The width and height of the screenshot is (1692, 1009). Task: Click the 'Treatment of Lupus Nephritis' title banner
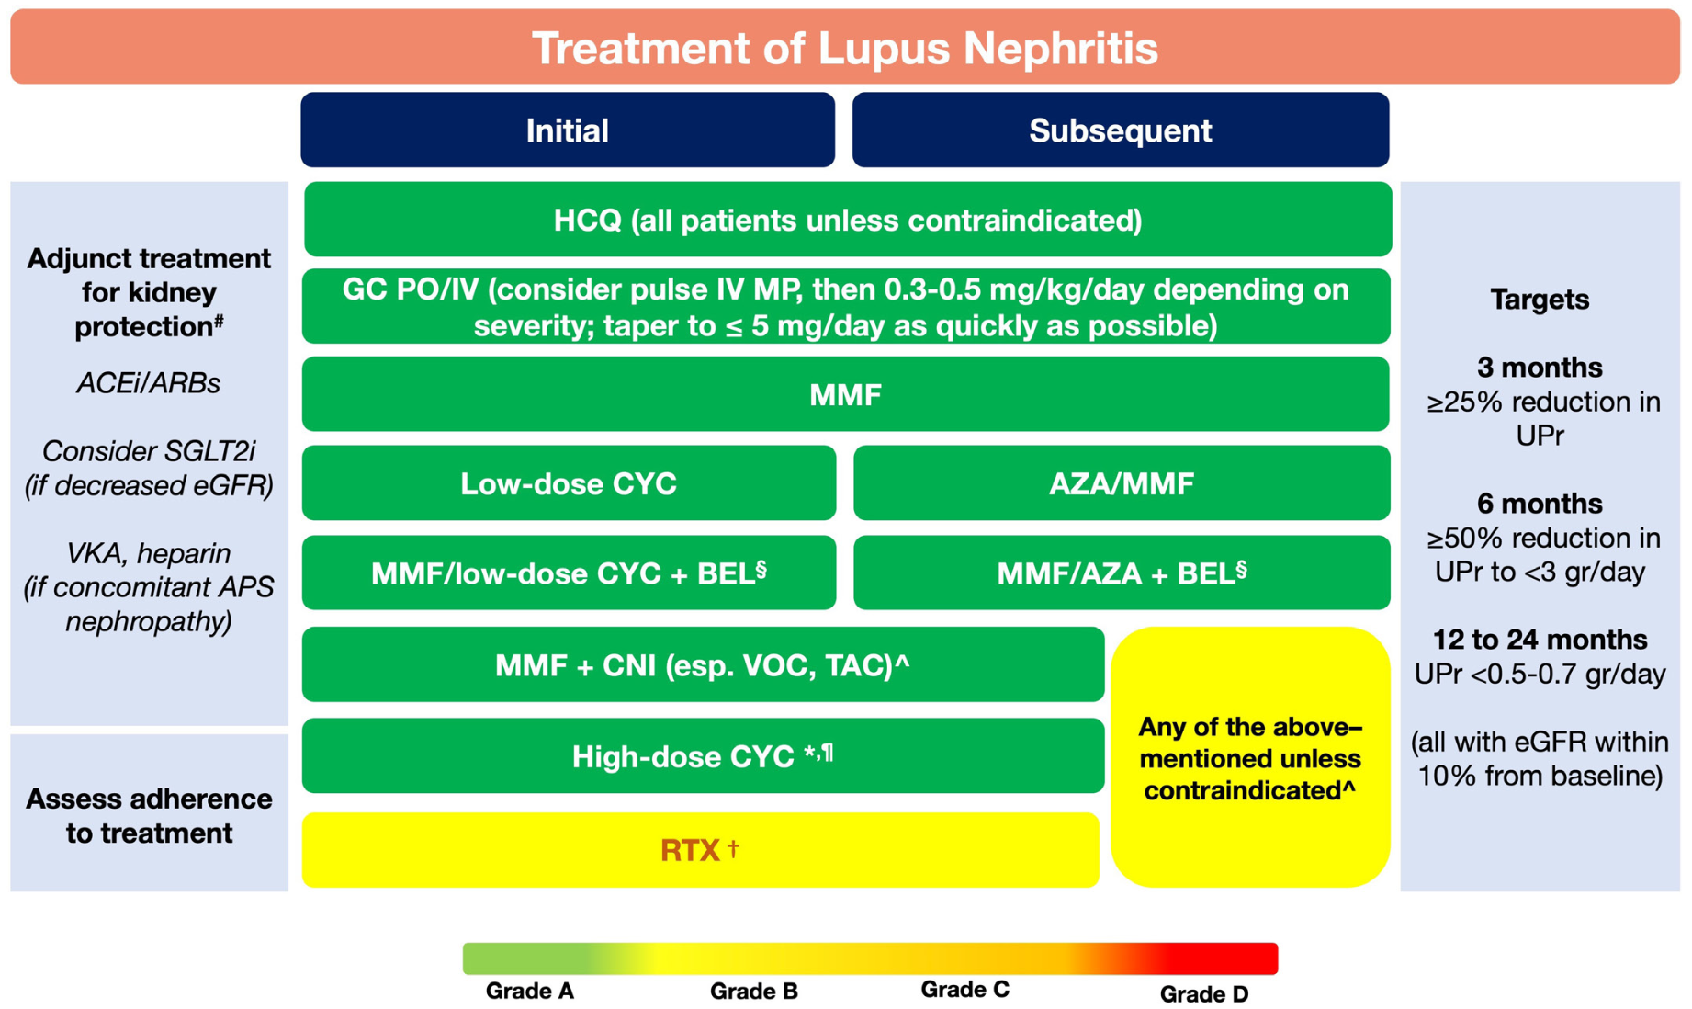coord(845,47)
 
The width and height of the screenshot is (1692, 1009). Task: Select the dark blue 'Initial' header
coord(568,130)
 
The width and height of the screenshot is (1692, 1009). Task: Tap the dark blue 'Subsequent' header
coord(1121,130)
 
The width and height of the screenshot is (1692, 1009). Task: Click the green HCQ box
coord(848,219)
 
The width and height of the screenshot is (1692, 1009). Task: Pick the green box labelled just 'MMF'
coord(845,394)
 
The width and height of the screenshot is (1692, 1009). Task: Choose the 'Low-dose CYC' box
coord(569,483)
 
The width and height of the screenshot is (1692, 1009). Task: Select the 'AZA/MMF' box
coord(1122,483)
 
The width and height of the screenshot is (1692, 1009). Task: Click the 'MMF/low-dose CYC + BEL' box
coord(569,573)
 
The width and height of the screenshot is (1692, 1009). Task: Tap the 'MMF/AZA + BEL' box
coord(1122,573)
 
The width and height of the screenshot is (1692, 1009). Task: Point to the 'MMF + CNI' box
coord(703,664)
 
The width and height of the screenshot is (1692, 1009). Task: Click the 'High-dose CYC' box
coord(703,755)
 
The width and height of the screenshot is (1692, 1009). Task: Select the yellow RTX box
coord(700,850)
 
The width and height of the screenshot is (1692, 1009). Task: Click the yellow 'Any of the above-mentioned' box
coord(1250,757)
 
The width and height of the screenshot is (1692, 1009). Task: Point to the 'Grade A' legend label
coord(530,991)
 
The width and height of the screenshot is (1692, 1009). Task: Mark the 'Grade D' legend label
coord(1204,993)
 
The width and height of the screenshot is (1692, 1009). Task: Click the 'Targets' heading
coord(1540,300)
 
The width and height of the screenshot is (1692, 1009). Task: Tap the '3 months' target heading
coord(1540,368)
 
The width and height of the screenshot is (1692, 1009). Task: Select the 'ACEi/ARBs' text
coord(149,383)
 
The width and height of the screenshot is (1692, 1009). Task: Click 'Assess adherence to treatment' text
coord(149,816)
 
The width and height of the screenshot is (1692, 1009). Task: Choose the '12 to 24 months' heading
coord(1540,640)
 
